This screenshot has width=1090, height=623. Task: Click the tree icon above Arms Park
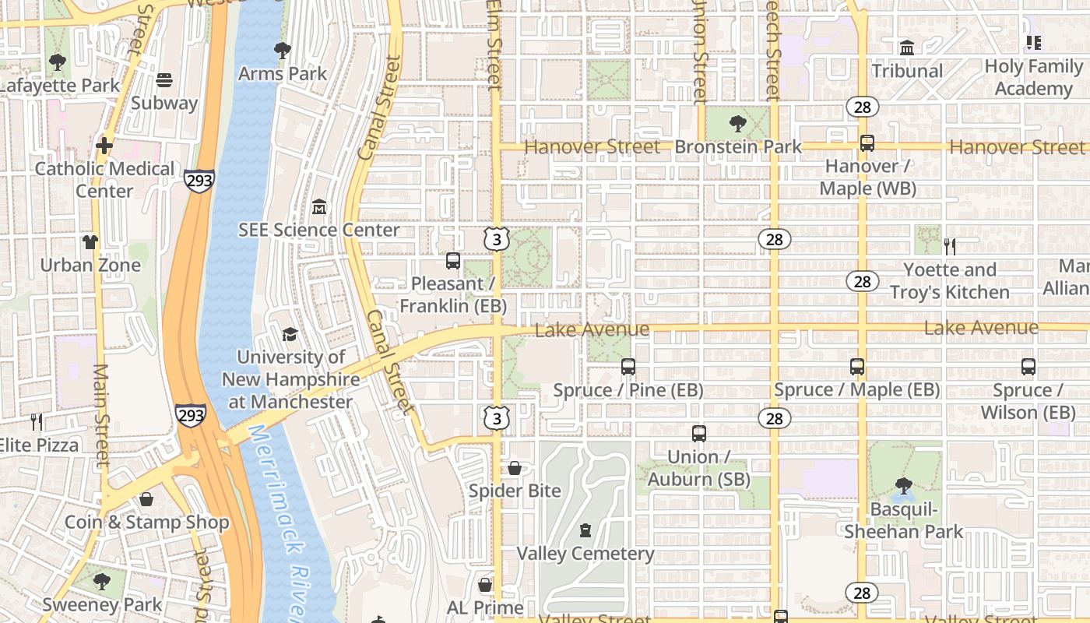click(283, 51)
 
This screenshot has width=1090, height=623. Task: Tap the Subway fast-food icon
click(163, 79)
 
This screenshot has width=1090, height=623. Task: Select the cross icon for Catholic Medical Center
click(104, 146)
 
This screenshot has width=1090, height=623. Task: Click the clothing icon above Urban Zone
click(90, 242)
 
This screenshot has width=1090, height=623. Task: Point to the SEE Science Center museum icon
click(319, 207)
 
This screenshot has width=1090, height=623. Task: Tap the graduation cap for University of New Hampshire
click(290, 334)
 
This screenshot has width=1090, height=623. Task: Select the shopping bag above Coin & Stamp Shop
click(146, 499)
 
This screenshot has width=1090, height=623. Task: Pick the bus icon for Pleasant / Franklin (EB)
click(453, 261)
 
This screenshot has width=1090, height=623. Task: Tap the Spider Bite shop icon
click(515, 468)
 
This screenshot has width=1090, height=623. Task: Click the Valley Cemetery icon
click(585, 531)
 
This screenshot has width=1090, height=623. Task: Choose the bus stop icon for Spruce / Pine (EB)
click(628, 366)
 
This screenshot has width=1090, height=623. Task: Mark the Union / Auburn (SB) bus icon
click(699, 434)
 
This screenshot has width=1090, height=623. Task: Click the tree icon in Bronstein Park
click(737, 123)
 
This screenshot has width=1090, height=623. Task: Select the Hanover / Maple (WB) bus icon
click(867, 143)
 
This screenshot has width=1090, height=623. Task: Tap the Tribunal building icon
click(907, 48)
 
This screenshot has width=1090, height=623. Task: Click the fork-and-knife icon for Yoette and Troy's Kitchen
click(949, 247)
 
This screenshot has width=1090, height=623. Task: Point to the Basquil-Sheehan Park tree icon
click(904, 487)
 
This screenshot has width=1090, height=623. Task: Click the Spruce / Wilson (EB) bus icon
click(1028, 367)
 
